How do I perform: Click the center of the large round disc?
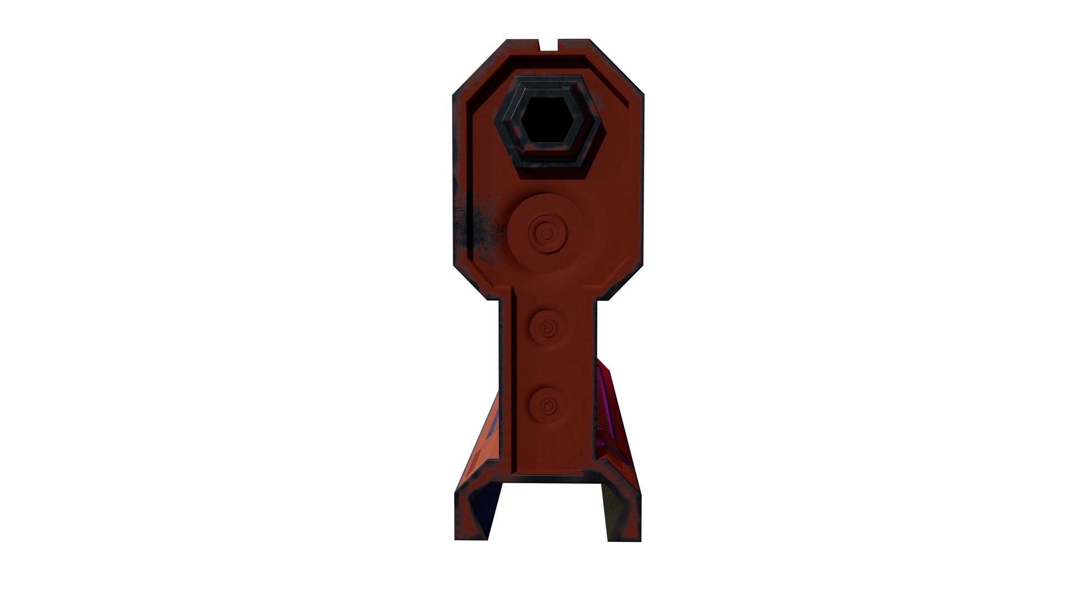pos(547,233)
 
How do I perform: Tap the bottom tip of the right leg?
pos(625,538)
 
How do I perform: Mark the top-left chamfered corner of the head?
pos(481,67)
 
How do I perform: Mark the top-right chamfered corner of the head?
pos(616,67)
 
